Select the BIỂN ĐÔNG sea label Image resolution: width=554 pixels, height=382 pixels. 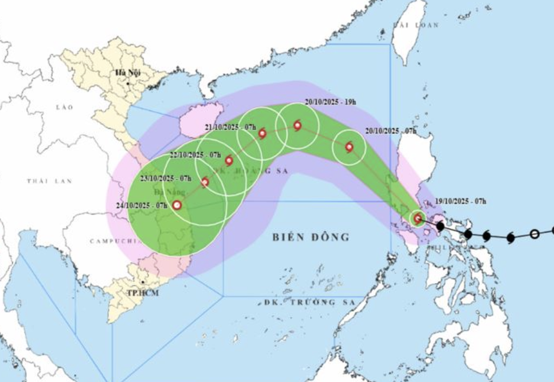click(310, 237)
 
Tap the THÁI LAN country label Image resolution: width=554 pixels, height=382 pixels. click(49, 180)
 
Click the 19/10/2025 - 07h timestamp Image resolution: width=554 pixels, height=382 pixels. click(460, 202)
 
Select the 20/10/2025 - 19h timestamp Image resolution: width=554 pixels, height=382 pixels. click(330, 102)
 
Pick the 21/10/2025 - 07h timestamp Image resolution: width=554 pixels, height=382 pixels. click(230, 127)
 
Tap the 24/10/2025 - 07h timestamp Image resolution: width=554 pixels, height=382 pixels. click(140, 205)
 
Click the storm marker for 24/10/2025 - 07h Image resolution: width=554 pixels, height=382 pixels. click(177, 205)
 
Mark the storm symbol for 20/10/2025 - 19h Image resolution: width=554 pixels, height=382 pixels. click(298, 126)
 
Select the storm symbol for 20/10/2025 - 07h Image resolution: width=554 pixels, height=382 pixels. click(349, 147)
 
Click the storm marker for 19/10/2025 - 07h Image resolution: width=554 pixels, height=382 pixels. click(418, 218)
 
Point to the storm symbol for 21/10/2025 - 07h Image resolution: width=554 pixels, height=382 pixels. click(262, 133)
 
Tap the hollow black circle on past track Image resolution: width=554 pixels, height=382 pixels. click(534, 234)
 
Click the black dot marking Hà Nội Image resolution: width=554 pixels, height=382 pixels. click(128, 83)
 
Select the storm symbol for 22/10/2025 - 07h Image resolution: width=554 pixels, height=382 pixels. click(229, 160)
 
